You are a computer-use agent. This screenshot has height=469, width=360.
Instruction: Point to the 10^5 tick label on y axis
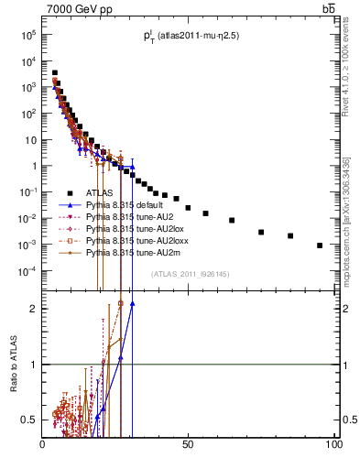click(27, 35)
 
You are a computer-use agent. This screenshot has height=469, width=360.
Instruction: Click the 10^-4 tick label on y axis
click(25, 271)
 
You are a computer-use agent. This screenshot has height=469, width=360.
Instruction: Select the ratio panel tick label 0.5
click(28, 420)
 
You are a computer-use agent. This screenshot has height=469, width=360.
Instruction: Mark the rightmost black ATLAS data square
click(320, 245)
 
